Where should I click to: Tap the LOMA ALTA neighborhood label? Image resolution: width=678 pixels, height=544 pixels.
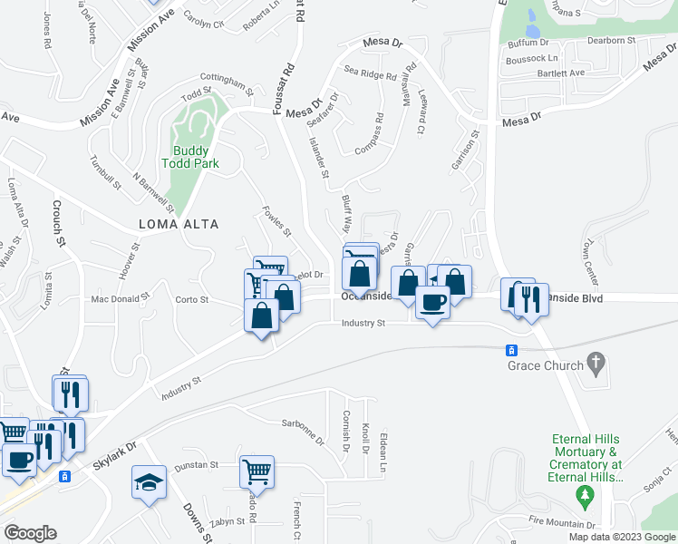[179, 224]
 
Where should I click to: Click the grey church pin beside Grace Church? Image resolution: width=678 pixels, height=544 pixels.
[596, 364]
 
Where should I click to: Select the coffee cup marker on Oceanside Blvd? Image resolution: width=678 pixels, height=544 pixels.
[432, 303]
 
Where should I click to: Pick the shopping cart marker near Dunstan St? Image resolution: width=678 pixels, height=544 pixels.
[257, 471]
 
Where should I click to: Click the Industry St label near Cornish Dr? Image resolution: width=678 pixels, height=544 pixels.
[363, 323]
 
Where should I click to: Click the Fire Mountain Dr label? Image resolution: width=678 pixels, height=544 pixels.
[562, 523]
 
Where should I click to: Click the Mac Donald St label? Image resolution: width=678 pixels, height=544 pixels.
[120, 298]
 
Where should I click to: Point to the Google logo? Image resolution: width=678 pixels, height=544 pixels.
[30, 533]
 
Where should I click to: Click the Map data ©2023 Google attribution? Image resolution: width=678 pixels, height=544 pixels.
[622, 537]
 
